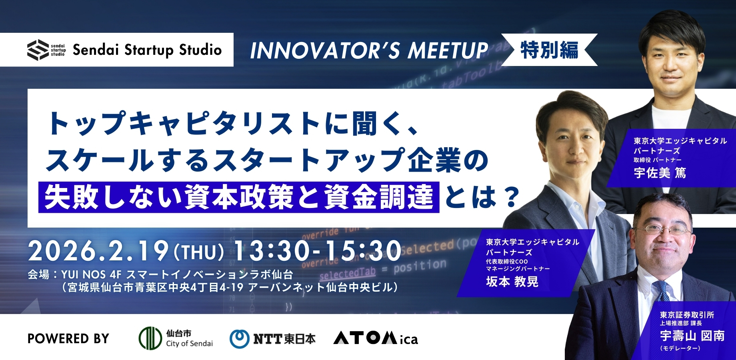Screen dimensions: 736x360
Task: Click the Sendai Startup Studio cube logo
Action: pyautogui.click(x=38, y=50)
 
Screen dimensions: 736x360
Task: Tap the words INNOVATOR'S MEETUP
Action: pyautogui.click(x=369, y=51)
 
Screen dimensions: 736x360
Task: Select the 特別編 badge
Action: pyautogui.click(x=549, y=50)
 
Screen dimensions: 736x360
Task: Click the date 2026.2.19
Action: pyautogui.click(x=98, y=251)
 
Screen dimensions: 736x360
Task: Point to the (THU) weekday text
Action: pyautogui.click(x=199, y=252)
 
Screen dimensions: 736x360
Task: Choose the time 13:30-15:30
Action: pyautogui.click(x=317, y=251)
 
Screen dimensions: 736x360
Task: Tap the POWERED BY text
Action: pyautogui.click(x=68, y=339)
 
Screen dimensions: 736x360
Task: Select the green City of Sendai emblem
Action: pyautogui.click(x=150, y=338)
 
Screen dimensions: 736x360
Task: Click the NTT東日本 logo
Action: pyautogui.click(x=272, y=339)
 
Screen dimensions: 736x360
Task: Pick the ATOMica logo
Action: pyautogui.click(x=376, y=338)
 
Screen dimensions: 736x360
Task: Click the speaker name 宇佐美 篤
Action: pyautogui.click(x=660, y=173)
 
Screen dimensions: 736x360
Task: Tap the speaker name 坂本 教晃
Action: pyautogui.click(x=512, y=282)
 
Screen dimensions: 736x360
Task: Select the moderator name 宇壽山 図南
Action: pyautogui.click(x=692, y=336)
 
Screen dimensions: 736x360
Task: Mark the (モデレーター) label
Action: pyautogui.click(x=680, y=348)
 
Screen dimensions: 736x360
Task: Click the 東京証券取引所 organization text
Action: pyautogui.click(x=687, y=315)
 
